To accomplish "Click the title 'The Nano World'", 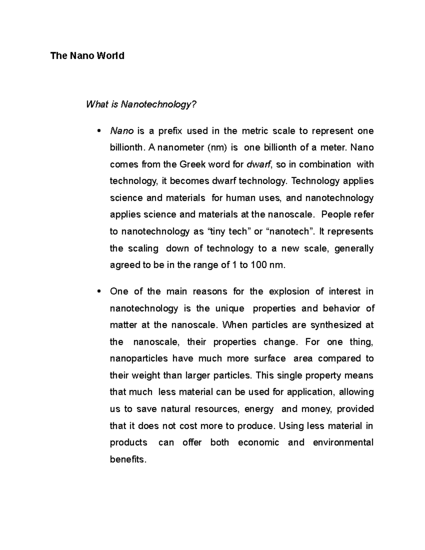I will point(87,56).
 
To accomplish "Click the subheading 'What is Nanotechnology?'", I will point(141,104).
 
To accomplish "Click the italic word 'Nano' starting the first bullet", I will point(121,131).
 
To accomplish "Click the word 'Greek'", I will point(192,164).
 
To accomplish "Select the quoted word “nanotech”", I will point(290,232).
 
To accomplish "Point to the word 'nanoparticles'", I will point(138,359).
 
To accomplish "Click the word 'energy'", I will point(259,409).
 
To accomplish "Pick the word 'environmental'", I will point(343,443).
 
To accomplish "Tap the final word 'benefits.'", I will point(128,460).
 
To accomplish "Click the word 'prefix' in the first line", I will point(170,131).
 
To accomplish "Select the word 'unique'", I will point(229,308).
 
